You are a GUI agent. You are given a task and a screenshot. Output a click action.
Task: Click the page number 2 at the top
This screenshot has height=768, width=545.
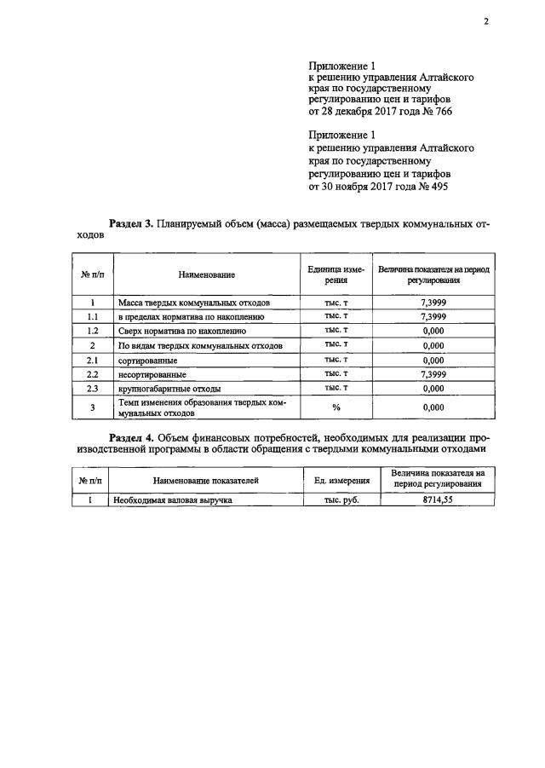point(485,22)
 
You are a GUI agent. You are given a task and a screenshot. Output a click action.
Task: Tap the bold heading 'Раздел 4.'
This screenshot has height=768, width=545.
point(131,437)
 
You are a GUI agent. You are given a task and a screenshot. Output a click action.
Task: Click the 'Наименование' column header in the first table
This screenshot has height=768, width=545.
point(207,274)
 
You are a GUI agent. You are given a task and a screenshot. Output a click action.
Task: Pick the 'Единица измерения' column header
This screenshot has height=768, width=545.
point(336,274)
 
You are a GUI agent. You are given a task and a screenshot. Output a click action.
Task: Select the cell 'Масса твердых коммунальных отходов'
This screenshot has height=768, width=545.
point(194,303)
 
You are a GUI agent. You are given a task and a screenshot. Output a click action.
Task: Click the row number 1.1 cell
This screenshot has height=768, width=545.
point(92,316)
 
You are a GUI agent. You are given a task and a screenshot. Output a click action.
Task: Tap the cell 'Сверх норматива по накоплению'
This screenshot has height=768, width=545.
point(182,331)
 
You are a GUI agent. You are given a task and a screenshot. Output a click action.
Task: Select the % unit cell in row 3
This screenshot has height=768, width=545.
point(336,407)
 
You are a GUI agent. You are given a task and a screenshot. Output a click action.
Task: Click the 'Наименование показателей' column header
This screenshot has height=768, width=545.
point(206,481)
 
